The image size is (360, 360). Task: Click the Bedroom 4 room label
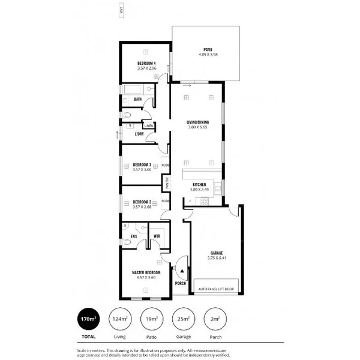pyautogui.click(x=146, y=64)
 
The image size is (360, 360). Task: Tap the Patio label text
pyautogui.click(x=207, y=50)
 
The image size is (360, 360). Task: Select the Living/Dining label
pyautogui.click(x=198, y=122)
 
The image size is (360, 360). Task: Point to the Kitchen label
pyautogui.click(x=199, y=185)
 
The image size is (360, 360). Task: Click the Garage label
pyautogui.click(x=217, y=253)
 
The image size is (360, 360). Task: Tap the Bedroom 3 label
pyautogui.click(x=142, y=164)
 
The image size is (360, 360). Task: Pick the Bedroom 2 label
pyautogui.click(x=142, y=202)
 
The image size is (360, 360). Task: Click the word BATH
pyautogui.click(x=137, y=99)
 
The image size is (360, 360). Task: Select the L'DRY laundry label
pyautogui.click(x=139, y=134)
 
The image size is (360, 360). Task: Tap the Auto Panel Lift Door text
pyautogui.click(x=217, y=289)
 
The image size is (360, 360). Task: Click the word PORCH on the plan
pyautogui.click(x=180, y=283)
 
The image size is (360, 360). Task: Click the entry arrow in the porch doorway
pyautogui.click(x=181, y=271)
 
